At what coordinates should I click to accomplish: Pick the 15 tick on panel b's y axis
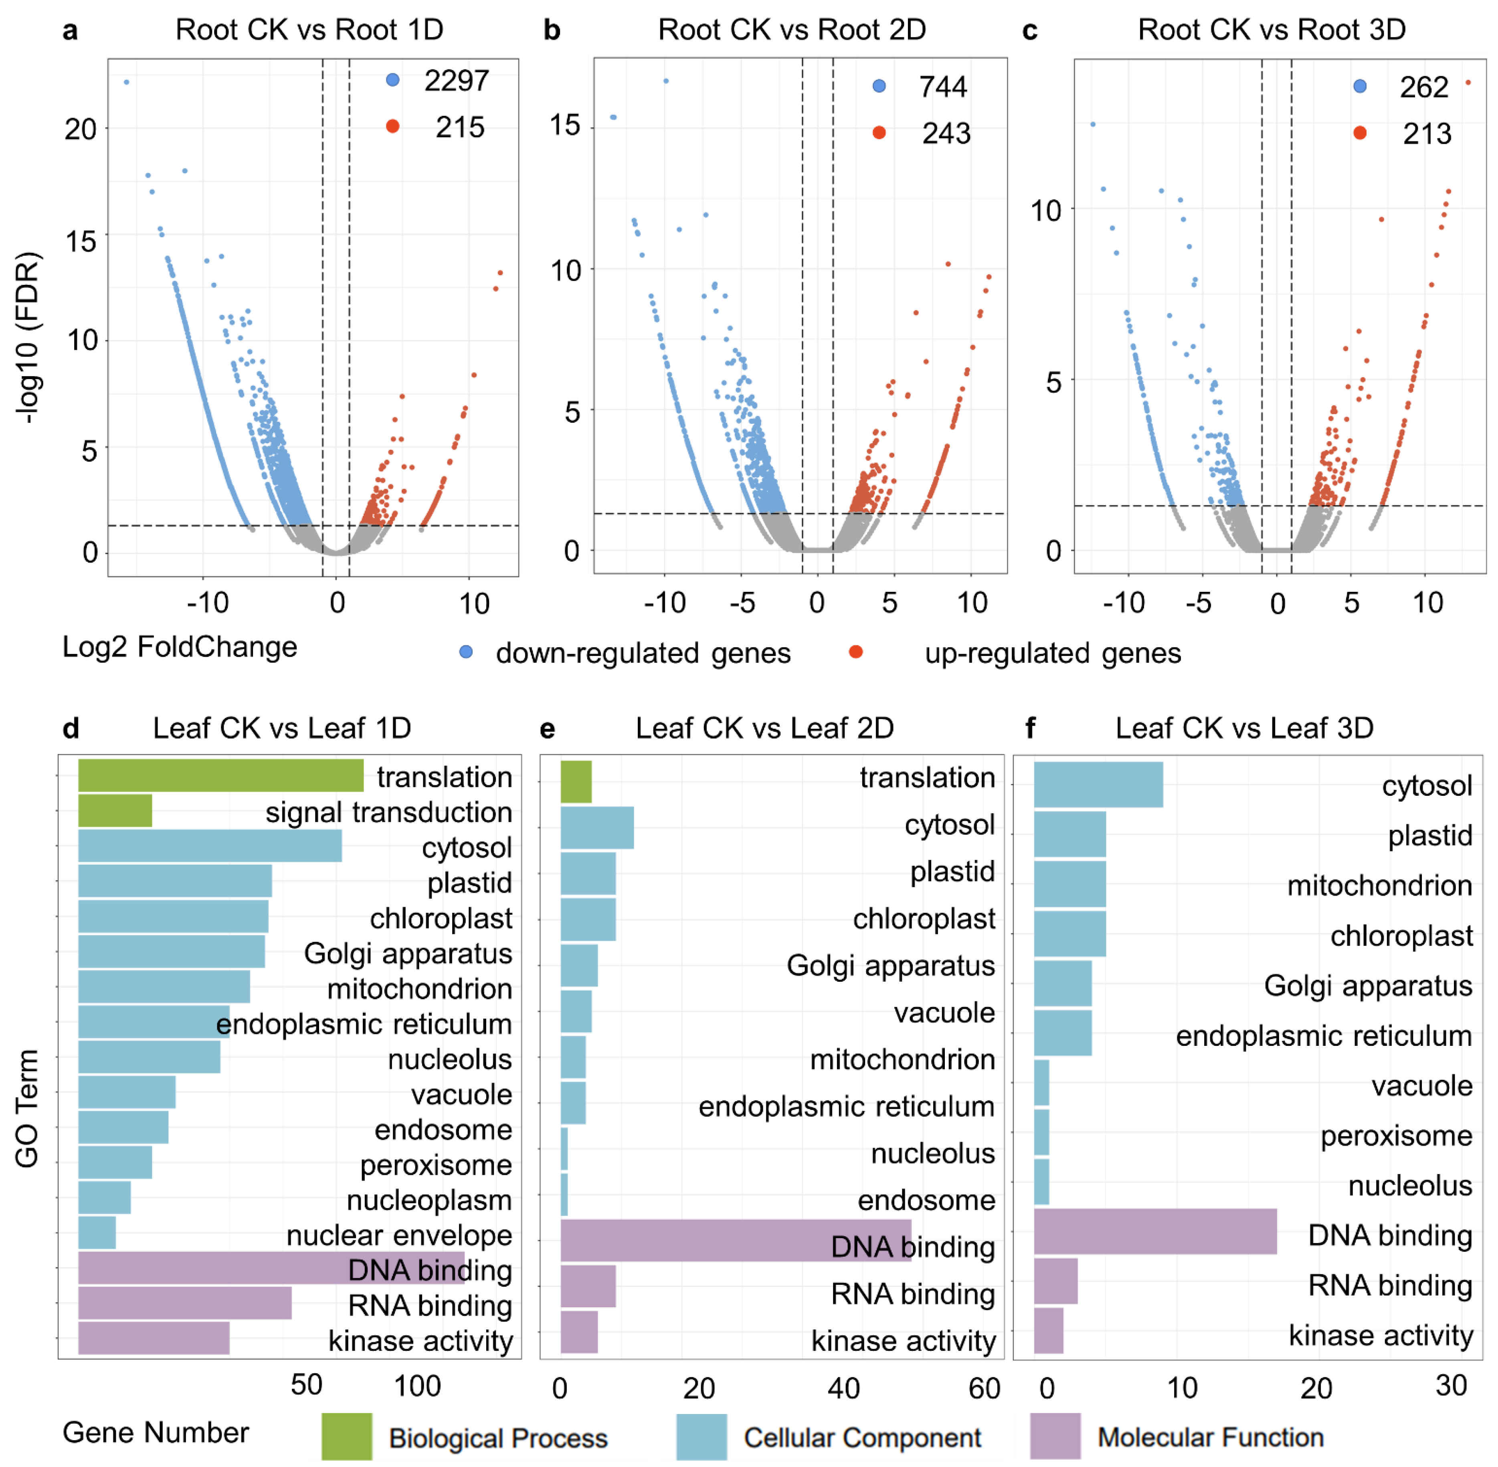pyautogui.click(x=565, y=125)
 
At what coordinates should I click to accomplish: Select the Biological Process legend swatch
pyautogui.click(x=347, y=1436)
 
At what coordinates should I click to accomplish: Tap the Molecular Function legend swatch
pyautogui.click(x=1055, y=1436)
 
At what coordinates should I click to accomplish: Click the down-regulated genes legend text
pyautogui.click(x=643, y=654)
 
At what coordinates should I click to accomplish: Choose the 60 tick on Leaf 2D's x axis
pyautogui.click(x=984, y=1388)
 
